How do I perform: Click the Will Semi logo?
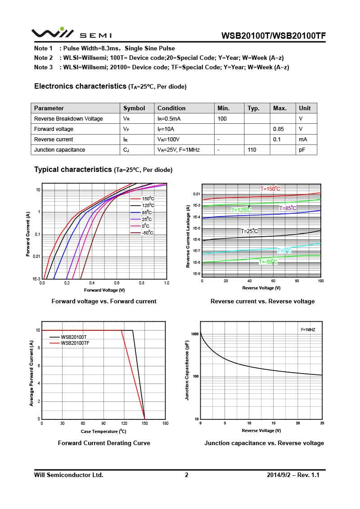[71, 34]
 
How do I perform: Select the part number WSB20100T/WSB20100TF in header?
[274, 36]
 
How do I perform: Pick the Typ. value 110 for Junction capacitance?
[252, 150]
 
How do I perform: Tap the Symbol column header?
[134, 108]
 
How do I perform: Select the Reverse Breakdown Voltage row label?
[68, 119]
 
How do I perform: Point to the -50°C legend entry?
[147, 233]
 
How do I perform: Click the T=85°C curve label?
[288, 208]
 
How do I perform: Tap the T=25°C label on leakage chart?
[249, 231]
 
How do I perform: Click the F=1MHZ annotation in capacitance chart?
[308, 330]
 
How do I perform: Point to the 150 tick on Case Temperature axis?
[144, 423]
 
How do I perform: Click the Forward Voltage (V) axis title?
[104, 290]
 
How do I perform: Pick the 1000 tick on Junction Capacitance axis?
[194, 334]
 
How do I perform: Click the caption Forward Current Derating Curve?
[104, 443]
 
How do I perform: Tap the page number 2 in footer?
[187, 475]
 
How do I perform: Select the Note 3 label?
[43, 68]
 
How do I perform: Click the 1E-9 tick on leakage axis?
[195, 274]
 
